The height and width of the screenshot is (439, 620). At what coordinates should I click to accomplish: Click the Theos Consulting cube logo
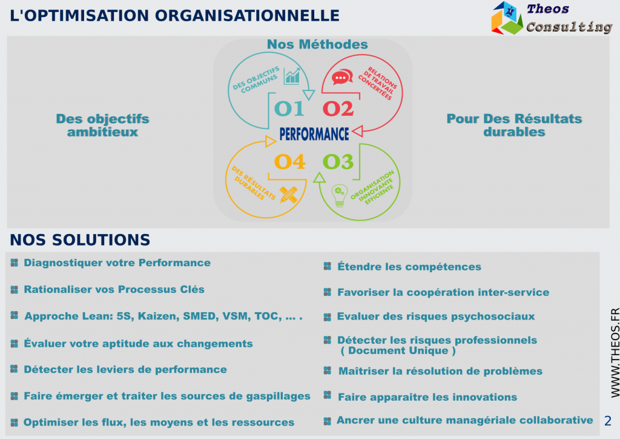click(x=507, y=18)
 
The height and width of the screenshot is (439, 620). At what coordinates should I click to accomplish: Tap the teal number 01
click(x=289, y=109)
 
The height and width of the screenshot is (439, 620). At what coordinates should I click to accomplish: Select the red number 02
click(x=338, y=109)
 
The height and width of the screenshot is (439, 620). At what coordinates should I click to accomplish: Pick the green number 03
click(x=338, y=161)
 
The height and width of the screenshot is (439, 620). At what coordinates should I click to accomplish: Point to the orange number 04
click(x=290, y=161)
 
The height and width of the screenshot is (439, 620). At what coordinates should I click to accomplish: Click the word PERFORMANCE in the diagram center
click(x=314, y=134)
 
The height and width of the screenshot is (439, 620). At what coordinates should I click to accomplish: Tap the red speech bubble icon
click(x=342, y=77)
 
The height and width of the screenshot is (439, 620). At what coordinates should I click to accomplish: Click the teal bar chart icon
click(x=292, y=76)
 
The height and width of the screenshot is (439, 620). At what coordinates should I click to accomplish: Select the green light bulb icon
click(x=339, y=196)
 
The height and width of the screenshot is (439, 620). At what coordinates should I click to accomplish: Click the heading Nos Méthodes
click(x=317, y=44)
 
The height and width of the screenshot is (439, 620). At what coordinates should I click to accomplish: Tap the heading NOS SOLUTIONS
click(x=80, y=240)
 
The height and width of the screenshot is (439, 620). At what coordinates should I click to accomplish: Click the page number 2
click(x=608, y=421)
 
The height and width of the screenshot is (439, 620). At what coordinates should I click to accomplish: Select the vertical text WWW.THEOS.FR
click(x=615, y=353)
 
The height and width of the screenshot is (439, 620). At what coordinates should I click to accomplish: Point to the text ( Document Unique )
click(x=398, y=350)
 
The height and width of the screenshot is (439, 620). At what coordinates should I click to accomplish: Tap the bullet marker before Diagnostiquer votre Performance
click(x=15, y=263)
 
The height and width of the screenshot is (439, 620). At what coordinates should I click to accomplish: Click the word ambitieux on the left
click(x=102, y=132)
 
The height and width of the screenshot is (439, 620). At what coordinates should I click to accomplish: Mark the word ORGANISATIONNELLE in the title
click(x=247, y=16)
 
